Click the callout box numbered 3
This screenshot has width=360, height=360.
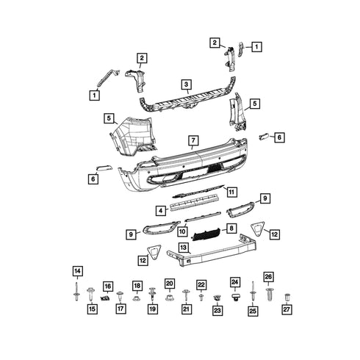[187, 84]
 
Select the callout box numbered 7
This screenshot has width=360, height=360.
[193, 140]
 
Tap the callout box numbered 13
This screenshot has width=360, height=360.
[184, 248]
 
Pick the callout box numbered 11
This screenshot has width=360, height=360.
[231, 192]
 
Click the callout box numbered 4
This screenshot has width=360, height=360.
[161, 211]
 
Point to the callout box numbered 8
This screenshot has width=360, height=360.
[231, 228]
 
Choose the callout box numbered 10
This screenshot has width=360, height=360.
[182, 231]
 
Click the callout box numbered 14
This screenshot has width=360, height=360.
[77, 271]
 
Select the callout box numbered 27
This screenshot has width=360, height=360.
[287, 309]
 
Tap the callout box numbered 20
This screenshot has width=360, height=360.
[170, 284]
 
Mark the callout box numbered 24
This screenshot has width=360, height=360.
[235, 282]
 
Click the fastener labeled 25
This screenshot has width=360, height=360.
[252, 293]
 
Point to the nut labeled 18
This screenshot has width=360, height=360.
[137, 298]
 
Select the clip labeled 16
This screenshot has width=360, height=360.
[105, 298]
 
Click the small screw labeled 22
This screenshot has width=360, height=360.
[201, 298]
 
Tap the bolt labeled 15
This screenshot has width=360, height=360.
[90, 295]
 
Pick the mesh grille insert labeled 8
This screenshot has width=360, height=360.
[207, 234]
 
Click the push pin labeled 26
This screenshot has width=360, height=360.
[270, 294]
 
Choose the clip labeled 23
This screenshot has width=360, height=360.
[217, 298]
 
